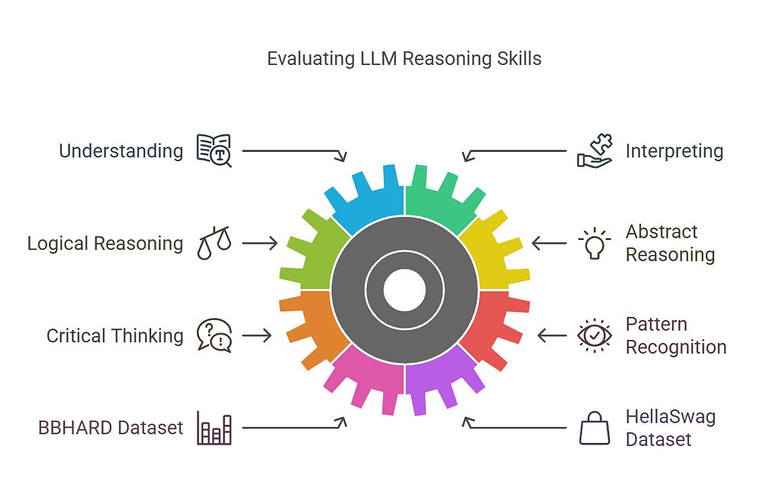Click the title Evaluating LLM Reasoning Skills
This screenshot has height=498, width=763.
[x=404, y=59]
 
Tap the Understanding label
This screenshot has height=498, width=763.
[x=121, y=150]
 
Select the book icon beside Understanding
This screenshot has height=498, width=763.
[x=214, y=150]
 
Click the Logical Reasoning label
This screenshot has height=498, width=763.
[x=105, y=243]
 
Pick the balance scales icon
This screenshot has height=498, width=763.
[x=214, y=243]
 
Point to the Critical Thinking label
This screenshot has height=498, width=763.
[x=114, y=335]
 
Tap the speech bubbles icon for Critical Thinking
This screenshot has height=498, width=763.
[x=214, y=335]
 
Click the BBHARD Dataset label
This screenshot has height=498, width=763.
[x=111, y=428]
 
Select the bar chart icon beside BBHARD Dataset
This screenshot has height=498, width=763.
[x=214, y=428]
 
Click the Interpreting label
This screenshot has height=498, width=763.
[x=674, y=150]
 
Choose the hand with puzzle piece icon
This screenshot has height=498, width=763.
[x=594, y=150]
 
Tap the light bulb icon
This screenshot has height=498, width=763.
[x=594, y=243]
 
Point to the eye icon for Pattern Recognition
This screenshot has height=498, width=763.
[x=594, y=335]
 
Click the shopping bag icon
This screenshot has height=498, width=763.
[x=594, y=428]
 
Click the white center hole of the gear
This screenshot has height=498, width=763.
[x=404, y=290]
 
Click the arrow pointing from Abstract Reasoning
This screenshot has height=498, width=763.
[x=549, y=243]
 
